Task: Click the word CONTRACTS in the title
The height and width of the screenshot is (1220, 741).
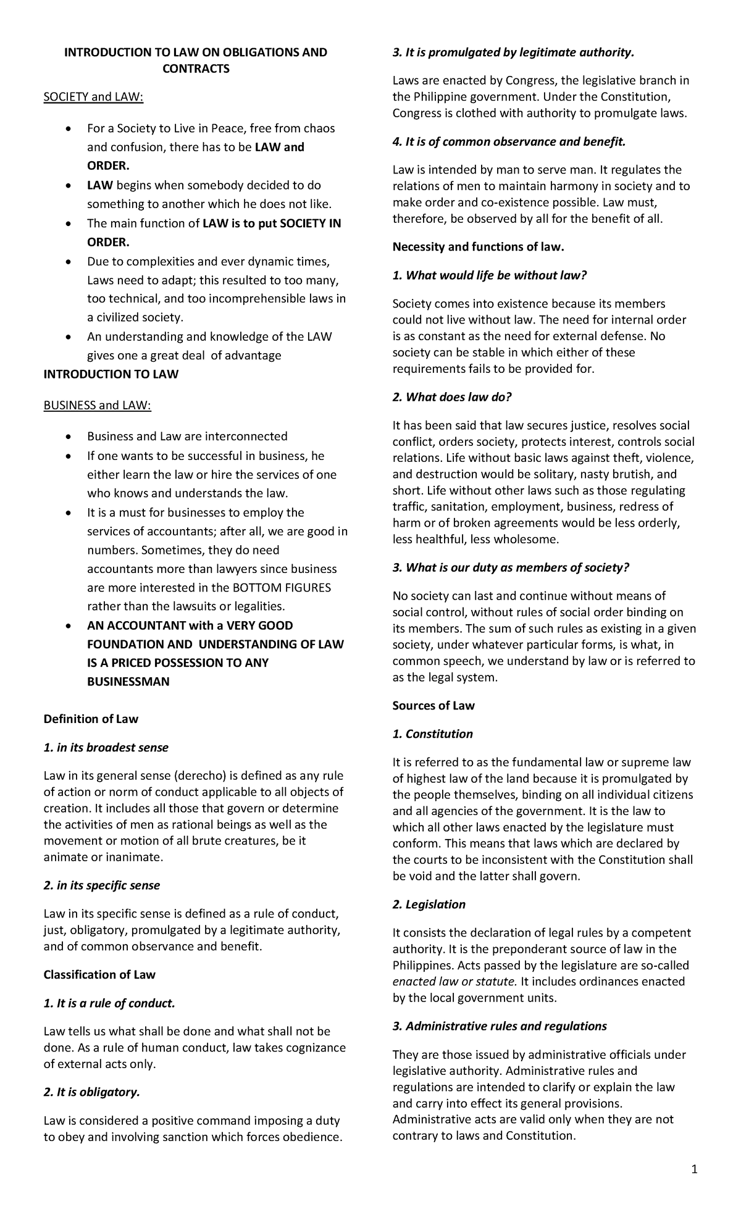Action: tap(196, 69)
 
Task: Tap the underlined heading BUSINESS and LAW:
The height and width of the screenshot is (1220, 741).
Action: tap(96, 406)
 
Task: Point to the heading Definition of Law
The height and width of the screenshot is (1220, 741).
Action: tap(91, 719)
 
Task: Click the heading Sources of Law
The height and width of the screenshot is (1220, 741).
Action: tap(433, 705)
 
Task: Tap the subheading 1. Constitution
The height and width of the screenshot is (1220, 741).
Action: tap(432, 733)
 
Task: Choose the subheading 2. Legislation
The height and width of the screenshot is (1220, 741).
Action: tap(429, 904)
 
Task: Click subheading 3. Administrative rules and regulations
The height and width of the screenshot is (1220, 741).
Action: tap(500, 1026)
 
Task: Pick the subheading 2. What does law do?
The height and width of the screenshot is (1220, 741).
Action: tap(452, 397)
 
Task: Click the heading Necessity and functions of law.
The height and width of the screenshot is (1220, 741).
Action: tap(479, 247)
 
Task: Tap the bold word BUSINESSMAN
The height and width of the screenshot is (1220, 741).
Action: tap(128, 682)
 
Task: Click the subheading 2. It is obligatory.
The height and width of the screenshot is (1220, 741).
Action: tap(92, 1092)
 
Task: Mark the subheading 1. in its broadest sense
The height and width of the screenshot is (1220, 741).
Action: tap(106, 747)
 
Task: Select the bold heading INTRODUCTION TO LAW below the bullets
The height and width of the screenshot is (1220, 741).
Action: tap(111, 374)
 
